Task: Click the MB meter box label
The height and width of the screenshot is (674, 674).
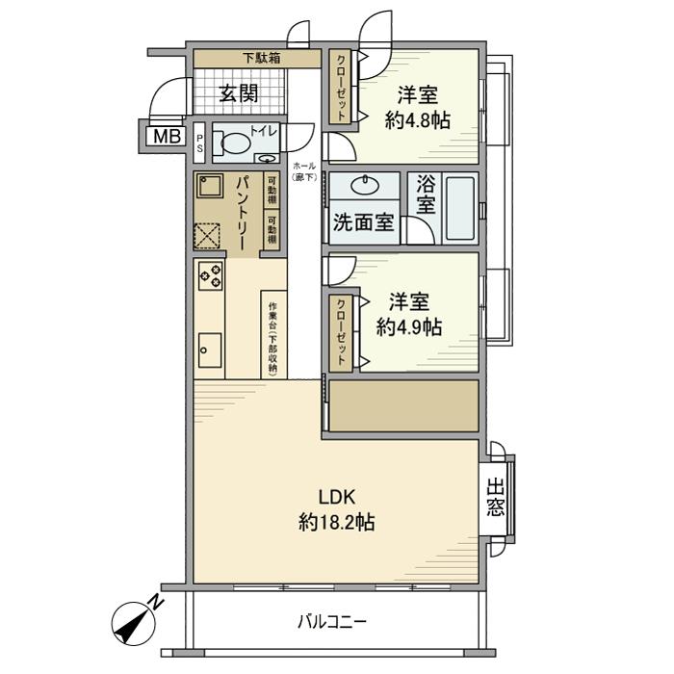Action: click(164, 136)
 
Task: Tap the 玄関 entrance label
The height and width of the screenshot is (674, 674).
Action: click(238, 93)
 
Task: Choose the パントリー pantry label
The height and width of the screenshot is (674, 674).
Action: click(242, 215)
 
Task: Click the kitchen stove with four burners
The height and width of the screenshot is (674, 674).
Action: click(210, 275)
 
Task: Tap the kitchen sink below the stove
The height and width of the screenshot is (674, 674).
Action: click(209, 349)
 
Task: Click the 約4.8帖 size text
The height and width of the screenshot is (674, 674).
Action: click(417, 120)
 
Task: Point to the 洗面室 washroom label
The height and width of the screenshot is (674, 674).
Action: click(363, 222)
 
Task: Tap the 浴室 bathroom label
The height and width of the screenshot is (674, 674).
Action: click(426, 194)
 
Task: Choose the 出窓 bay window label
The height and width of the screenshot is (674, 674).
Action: click(495, 497)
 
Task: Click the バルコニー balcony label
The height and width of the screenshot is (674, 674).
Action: click(331, 622)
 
